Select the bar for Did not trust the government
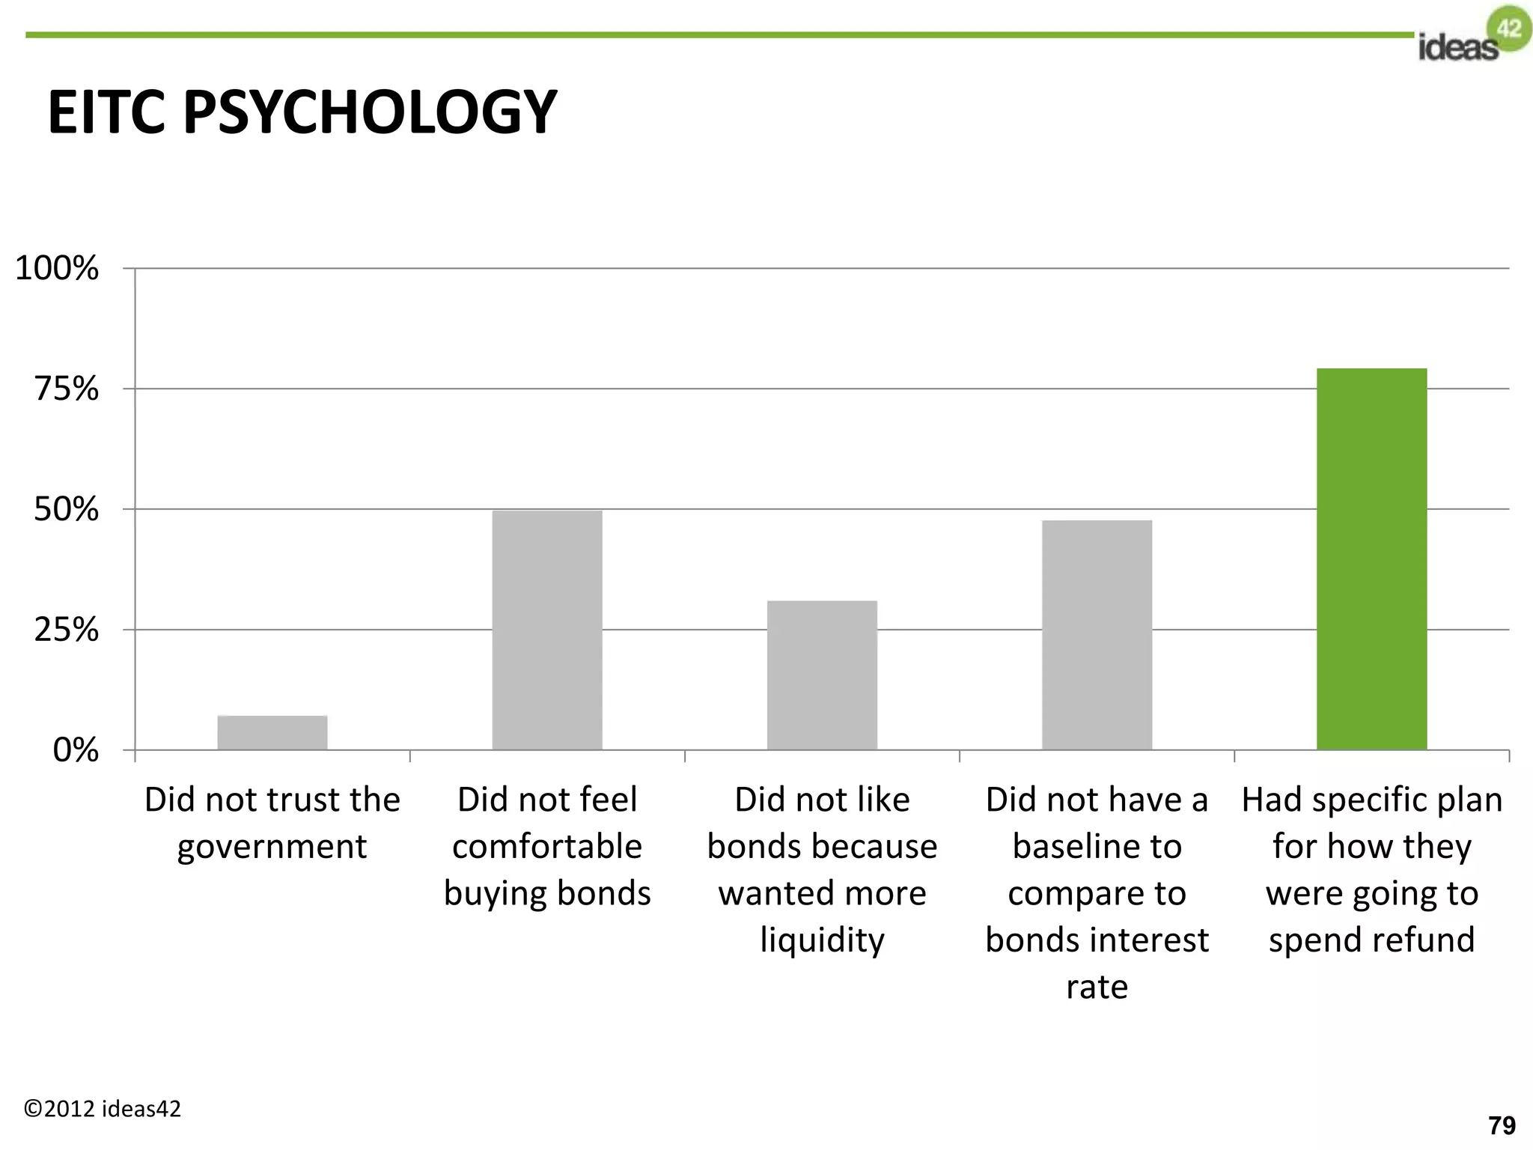[272, 732]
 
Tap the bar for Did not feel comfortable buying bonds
[547, 630]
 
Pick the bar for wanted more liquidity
[822, 675]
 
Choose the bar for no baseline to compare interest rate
[1097, 635]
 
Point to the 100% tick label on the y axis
[57, 268]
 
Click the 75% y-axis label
[66, 389]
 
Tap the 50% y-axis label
[66, 509]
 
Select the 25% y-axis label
[66, 630]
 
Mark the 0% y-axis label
[75, 749]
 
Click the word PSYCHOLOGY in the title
[370, 112]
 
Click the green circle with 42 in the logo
[1509, 28]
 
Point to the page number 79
[1502, 1125]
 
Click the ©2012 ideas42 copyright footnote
[103, 1108]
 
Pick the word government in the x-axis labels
[272, 847]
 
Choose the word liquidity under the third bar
[822, 940]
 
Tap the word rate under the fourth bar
[1097, 987]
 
